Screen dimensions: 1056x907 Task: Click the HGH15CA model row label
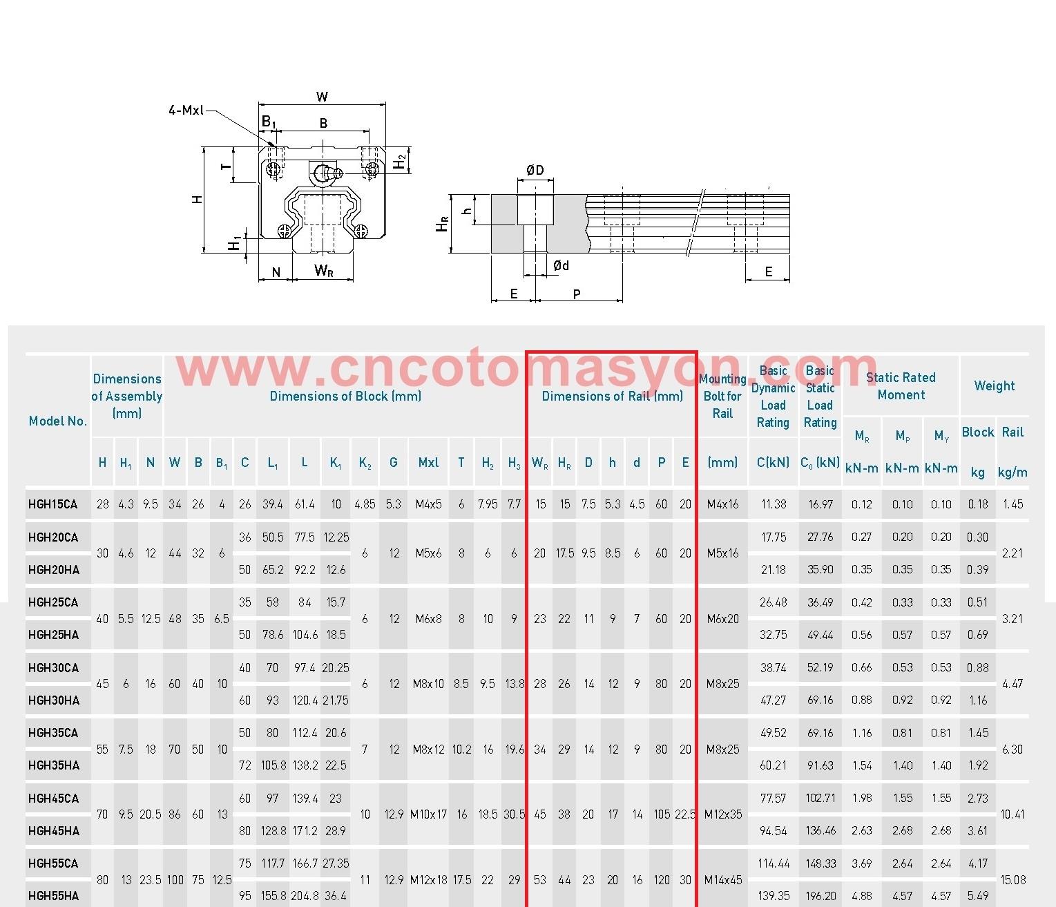pyautogui.click(x=52, y=504)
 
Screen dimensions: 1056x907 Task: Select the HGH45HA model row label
pyautogui.click(x=54, y=831)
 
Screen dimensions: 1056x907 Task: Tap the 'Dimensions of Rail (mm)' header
pyautogui.click(x=612, y=396)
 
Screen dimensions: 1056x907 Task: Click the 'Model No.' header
pyautogui.click(x=58, y=421)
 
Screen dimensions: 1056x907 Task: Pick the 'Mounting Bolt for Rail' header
pyautogui.click(x=722, y=396)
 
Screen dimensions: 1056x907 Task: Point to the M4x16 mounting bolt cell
pyautogui.click(x=722, y=504)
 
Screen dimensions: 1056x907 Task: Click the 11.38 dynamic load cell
pyautogui.click(x=774, y=504)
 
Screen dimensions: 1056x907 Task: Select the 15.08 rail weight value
pyautogui.click(x=1012, y=880)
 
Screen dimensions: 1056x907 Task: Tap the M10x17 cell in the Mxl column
pyautogui.click(x=428, y=814)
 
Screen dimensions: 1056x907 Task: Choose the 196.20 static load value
pyautogui.click(x=820, y=896)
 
